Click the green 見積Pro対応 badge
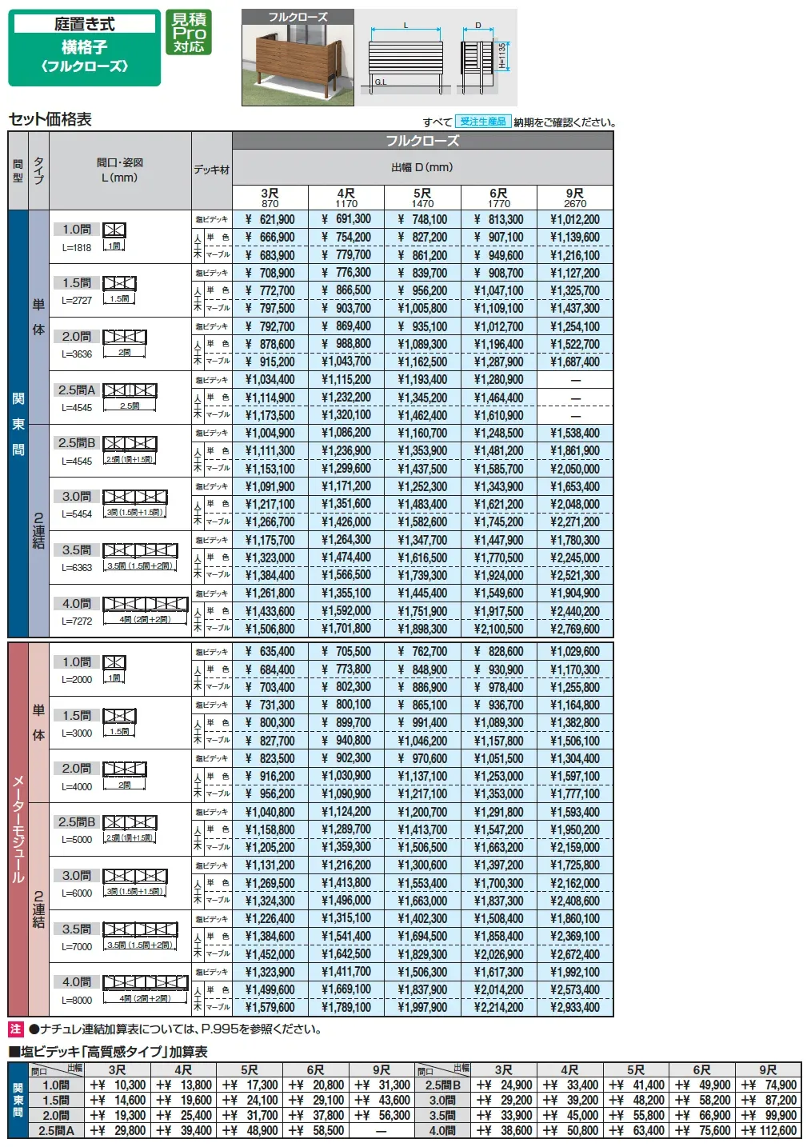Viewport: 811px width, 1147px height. point(189,33)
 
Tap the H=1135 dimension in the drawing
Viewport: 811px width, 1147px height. point(501,55)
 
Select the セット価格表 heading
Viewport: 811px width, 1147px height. point(50,119)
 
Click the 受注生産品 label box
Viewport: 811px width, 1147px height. point(483,122)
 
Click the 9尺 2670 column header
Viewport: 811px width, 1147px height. point(574,198)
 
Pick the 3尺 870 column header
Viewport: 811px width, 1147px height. point(270,198)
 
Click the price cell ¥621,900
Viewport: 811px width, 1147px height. point(270,219)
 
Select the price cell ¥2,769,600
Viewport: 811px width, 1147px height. point(574,629)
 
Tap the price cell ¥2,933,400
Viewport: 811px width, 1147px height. point(574,1007)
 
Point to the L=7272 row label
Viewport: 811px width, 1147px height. point(77,621)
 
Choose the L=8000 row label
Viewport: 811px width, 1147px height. point(77,1000)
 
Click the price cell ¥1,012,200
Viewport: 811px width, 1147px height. point(574,219)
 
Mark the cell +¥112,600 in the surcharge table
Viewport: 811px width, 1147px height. point(769,1130)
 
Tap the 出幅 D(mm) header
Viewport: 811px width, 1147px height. point(422,167)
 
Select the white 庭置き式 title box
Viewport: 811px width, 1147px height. point(84,24)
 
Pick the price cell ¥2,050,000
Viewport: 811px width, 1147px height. point(574,469)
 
